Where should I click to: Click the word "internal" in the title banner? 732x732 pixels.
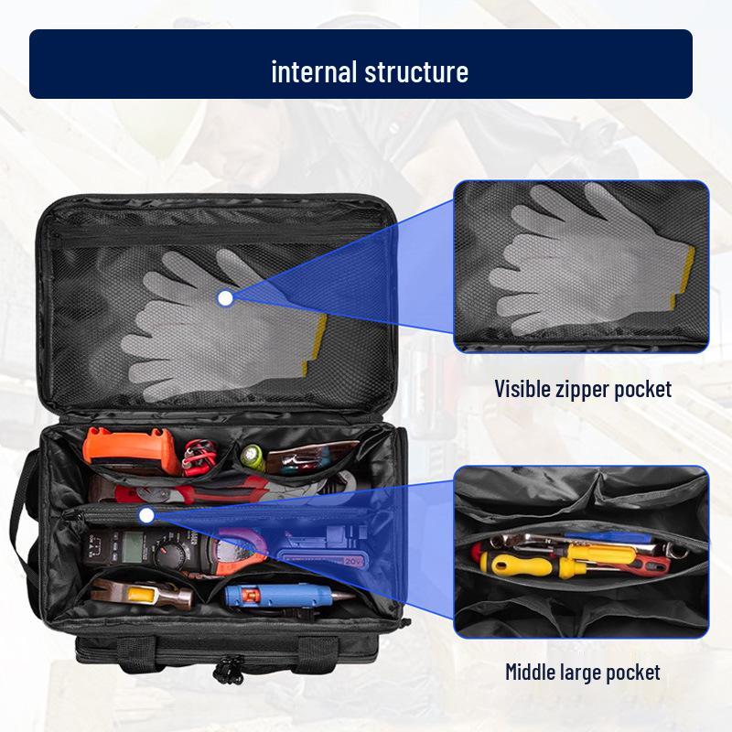click(314, 70)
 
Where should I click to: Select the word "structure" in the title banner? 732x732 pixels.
click(416, 70)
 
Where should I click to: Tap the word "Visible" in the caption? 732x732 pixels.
click(524, 389)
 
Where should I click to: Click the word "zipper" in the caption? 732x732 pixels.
click(587, 390)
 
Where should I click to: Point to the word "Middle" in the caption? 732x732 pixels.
click(537, 673)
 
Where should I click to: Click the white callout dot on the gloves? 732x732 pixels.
click(225, 297)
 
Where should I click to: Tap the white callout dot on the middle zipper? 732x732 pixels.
click(146, 516)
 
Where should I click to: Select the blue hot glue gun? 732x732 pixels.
click(274, 596)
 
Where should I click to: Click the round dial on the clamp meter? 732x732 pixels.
click(172, 550)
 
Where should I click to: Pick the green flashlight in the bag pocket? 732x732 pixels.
click(253, 456)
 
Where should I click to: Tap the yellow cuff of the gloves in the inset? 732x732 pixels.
click(684, 274)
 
